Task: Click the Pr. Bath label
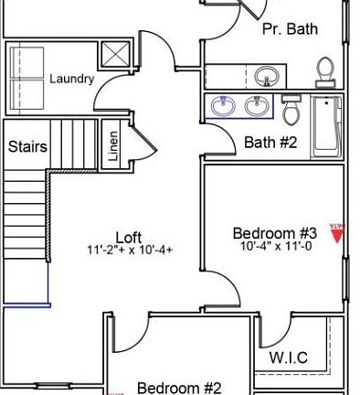pyautogui.click(x=290, y=28)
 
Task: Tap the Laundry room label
pyautogui.click(x=71, y=79)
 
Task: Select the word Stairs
pyautogui.click(x=27, y=146)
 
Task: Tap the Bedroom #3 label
pyautogui.click(x=274, y=232)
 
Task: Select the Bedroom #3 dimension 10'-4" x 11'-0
pyautogui.click(x=276, y=246)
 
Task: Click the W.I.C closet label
pyautogui.click(x=289, y=358)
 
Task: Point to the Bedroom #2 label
pyautogui.click(x=179, y=388)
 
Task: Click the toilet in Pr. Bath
pyautogui.click(x=324, y=70)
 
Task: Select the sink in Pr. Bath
pyautogui.click(x=267, y=75)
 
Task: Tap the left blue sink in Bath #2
pyautogui.click(x=223, y=108)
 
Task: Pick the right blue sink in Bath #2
pyautogui.click(x=257, y=108)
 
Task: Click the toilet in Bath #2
pyautogui.click(x=291, y=110)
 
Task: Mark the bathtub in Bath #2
pyautogui.click(x=325, y=124)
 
